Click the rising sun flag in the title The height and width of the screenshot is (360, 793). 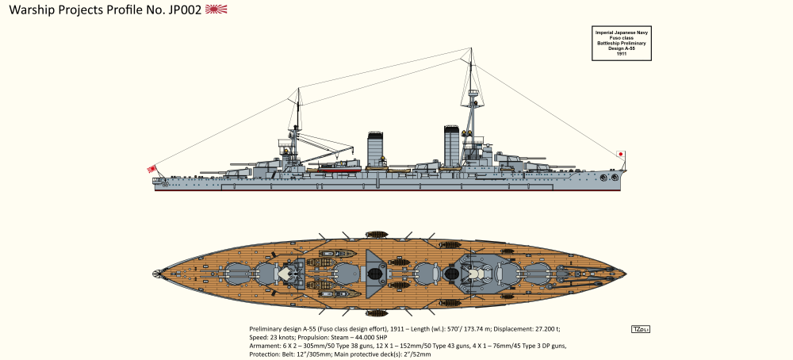point(216,10)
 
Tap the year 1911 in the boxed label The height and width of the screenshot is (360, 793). point(621,53)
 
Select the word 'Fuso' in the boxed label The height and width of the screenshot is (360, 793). point(614,36)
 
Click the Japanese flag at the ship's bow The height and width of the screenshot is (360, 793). point(621,154)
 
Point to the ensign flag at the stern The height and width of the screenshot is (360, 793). point(151,168)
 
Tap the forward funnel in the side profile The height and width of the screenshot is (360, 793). point(451,146)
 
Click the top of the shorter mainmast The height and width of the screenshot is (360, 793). point(299,91)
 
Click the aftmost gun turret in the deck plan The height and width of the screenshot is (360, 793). point(237,274)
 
